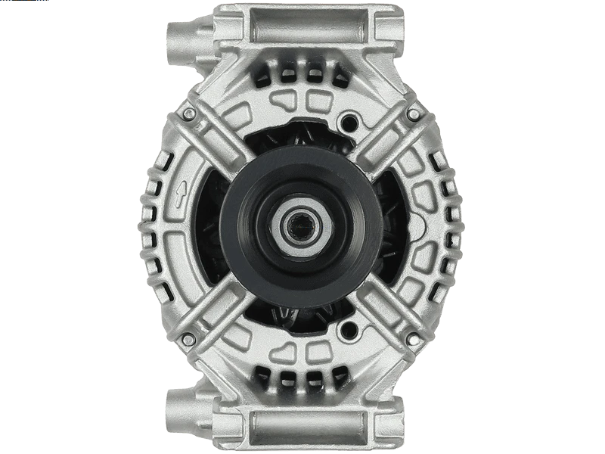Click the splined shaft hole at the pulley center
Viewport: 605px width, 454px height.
[x=302, y=225]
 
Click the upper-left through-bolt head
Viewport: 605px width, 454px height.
[x=189, y=114]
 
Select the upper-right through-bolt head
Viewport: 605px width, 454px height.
[x=414, y=114]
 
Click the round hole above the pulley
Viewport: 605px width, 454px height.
[x=349, y=121]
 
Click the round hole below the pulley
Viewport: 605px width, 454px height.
[x=349, y=329]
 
